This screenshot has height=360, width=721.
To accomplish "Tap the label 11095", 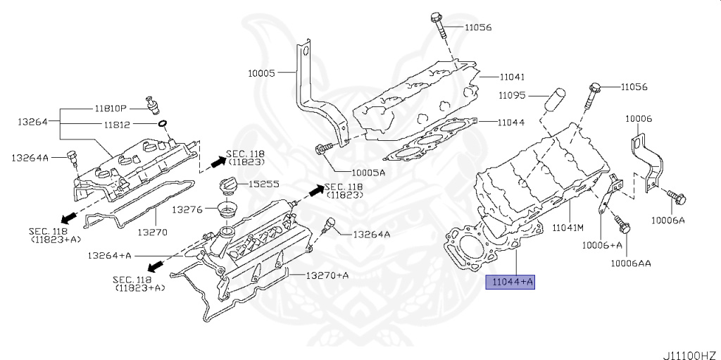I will [513, 95].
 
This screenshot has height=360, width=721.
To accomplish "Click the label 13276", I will [188, 209].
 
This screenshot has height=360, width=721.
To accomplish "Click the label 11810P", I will [111, 109].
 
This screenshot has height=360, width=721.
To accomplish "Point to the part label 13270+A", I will [327, 275].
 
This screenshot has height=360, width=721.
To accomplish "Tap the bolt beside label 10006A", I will [679, 198].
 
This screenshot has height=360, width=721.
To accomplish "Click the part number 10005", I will [262, 72].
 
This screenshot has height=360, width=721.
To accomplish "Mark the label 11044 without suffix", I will [510, 122].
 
